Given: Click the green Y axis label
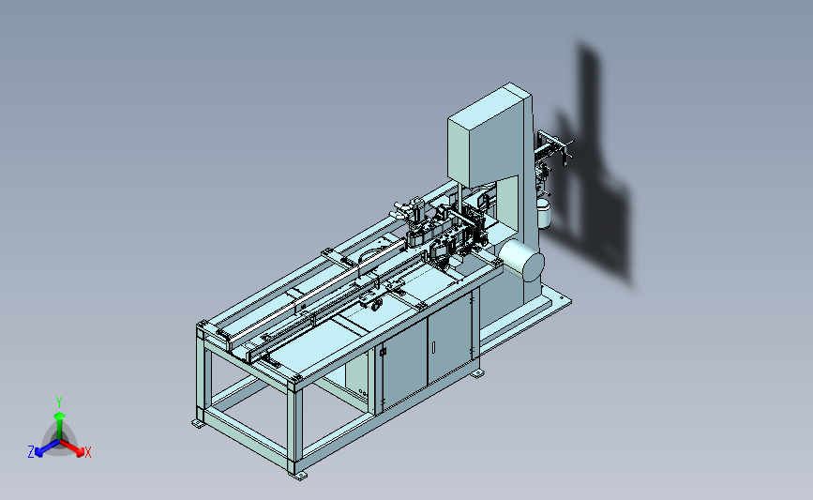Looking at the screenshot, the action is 59,402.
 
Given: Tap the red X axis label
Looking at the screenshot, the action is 87,452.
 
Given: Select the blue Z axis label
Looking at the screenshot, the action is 31,452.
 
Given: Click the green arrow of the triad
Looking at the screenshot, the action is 60,426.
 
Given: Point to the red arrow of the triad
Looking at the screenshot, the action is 72,448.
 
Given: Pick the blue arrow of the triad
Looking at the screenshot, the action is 48,448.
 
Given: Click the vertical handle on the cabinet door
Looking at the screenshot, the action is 434,346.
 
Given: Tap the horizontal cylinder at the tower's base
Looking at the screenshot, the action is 521,261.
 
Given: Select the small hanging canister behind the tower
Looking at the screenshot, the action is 543,213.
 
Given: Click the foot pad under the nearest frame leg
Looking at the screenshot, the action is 297,475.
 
